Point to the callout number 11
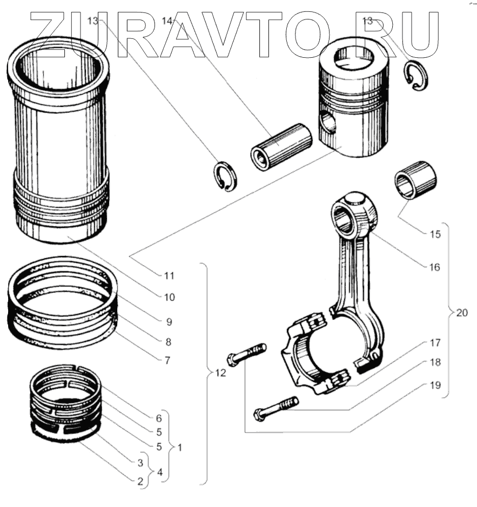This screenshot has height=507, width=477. [x=170, y=275]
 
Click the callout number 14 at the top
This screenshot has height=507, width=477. [x=168, y=21]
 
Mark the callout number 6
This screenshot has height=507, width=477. [x=159, y=418]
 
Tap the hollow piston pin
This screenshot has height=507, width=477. [x=281, y=147]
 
